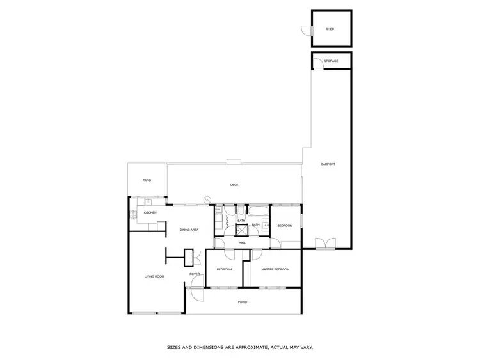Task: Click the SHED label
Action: (x=330, y=29)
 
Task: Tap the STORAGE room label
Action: (x=331, y=61)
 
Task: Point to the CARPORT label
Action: (x=328, y=164)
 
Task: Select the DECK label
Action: (x=234, y=185)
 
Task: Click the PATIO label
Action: (x=147, y=180)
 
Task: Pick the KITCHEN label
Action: (x=150, y=212)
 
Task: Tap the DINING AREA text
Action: (x=189, y=230)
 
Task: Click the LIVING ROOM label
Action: (x=154, y=276)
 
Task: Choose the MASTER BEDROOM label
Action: (x=275, y=269)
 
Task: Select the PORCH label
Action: (x=243, y=302)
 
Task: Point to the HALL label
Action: (x=243, y=243)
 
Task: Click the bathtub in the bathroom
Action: (x=258, y=212)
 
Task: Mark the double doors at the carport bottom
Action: (x=326, y=244)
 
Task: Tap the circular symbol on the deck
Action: (x=207, y=200)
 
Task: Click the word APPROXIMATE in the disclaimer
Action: (x=248, y=348)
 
